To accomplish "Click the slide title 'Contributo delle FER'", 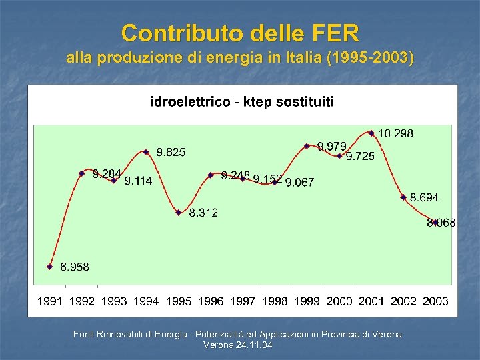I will click(240, 32).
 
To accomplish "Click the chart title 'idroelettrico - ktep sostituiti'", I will click(243, 102).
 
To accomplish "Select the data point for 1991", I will click(50, 266).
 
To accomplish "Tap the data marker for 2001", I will click(371, 133).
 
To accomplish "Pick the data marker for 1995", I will click(179, 213).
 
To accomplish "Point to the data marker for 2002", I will click(403, 197).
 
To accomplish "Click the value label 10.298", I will click(396, 133).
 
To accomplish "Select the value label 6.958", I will click(75, 267).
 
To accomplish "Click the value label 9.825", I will click(171, 153).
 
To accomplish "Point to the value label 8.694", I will click(424, 197).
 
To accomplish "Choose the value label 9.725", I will click(360, 157).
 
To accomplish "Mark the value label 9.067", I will click(299, 182).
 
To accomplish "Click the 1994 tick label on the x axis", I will click(146, 301).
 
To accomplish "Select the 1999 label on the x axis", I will click(307, 301).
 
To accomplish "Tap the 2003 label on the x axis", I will click(435, 301).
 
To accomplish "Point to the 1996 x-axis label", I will click(211, 301).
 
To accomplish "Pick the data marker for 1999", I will click(307, 145).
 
